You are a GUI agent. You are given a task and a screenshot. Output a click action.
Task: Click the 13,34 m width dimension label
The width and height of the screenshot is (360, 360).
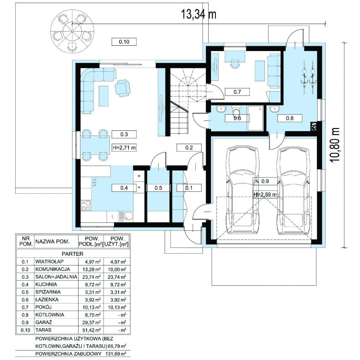[x=199, y=14]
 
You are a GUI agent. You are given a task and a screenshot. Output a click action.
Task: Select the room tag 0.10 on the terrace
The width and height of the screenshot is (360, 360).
[x=124, y=42]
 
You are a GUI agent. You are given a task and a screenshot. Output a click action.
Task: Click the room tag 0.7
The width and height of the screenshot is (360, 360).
[x=237, y=92]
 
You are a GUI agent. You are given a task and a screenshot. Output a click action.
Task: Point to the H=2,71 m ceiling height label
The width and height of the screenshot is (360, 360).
[x=124, y=148]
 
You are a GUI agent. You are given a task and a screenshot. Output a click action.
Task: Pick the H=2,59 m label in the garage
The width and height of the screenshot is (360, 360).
[x=265, y=194]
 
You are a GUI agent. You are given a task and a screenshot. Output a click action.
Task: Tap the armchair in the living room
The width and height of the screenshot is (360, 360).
[x=122, y=87]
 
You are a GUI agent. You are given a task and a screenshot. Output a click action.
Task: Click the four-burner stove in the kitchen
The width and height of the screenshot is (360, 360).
[x=86, y=206]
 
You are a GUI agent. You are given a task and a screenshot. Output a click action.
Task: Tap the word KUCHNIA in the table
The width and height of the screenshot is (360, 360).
[x=46, y=284]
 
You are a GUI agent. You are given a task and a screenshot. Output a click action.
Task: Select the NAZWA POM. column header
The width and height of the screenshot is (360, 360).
[x=52, y=241]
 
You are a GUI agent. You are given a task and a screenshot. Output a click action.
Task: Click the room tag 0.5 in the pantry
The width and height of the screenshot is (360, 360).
[x=158, y=188]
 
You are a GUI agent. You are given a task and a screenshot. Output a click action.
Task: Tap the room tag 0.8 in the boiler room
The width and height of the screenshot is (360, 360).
[x=290, y=118]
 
